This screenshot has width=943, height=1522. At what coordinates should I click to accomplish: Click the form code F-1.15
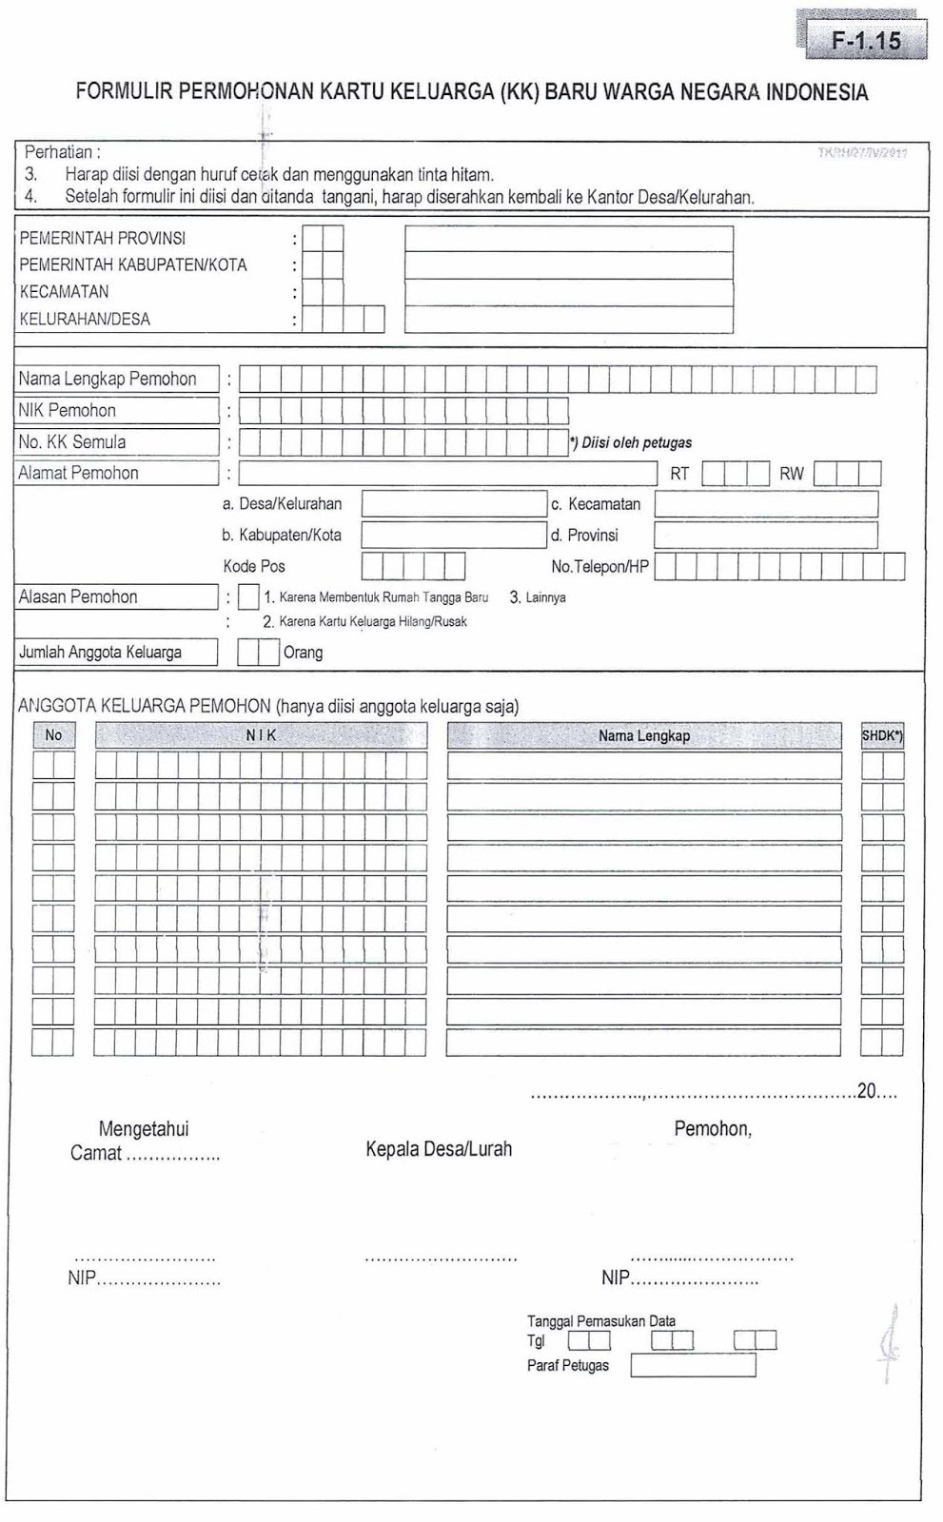click(866, 41)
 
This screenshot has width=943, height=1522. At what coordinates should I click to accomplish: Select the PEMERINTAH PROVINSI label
click(103, 238)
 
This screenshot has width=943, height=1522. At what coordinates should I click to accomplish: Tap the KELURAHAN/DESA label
click(85, 319)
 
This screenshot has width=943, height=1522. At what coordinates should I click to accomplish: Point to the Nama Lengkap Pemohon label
click(108, 379)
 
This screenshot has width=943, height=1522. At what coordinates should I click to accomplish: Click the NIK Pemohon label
click(68, 410)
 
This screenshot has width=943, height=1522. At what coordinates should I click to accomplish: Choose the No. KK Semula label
click(72, 441)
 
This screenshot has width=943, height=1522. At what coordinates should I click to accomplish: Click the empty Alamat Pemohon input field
click(447, 473)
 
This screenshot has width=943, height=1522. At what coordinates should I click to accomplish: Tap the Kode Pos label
click(254, 566)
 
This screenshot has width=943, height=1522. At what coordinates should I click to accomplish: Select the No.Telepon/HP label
click(599, 566)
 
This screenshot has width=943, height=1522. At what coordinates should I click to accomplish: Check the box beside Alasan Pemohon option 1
click(248, 597)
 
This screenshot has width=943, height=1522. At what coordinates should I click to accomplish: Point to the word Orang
click(303, 653)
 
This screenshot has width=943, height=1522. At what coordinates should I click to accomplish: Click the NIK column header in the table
click(261, 735)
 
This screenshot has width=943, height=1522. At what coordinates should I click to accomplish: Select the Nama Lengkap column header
click(644, 735)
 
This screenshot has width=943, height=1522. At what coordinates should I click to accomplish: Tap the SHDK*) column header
click(882, 735)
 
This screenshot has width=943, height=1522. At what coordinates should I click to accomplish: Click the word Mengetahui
click(144, 1129)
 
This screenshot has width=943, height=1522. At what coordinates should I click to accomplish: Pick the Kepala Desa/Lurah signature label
click(439, 1149)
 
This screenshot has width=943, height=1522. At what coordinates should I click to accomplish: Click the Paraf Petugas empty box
click(693, 1366)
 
